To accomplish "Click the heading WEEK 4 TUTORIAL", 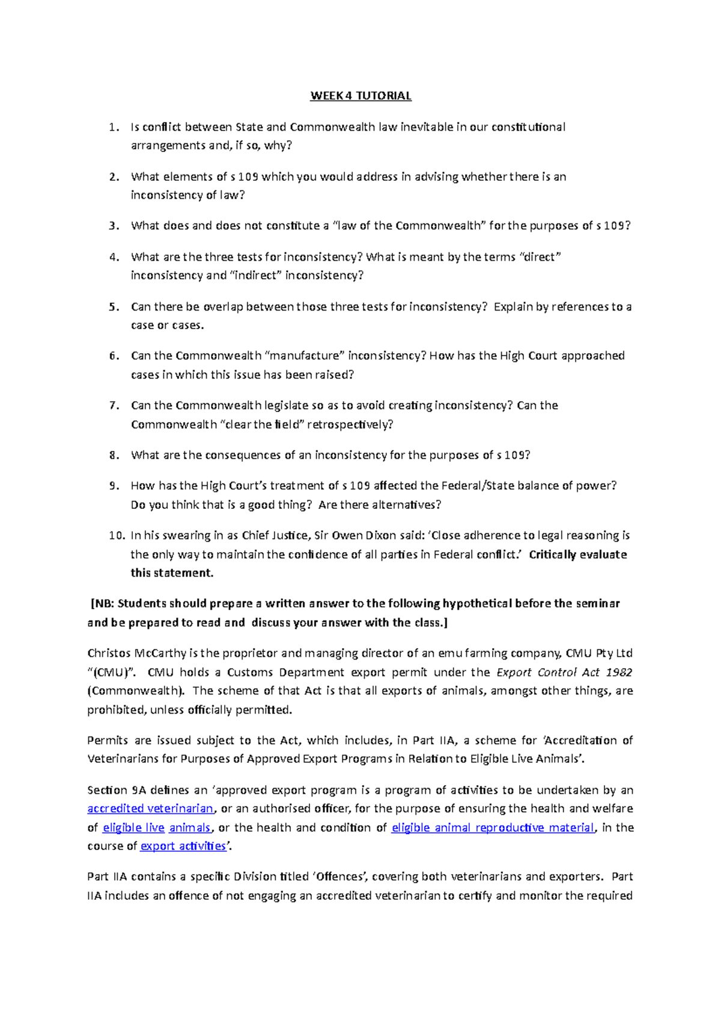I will (360, 96).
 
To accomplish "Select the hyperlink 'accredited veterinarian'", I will (150, 809).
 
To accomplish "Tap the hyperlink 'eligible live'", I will (133, 828).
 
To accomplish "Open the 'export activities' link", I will (183, 846).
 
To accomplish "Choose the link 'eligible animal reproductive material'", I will (493, 828).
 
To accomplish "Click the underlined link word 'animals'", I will (189, 828).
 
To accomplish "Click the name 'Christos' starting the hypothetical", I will (109, 653).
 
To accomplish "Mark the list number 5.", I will (114, 307).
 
